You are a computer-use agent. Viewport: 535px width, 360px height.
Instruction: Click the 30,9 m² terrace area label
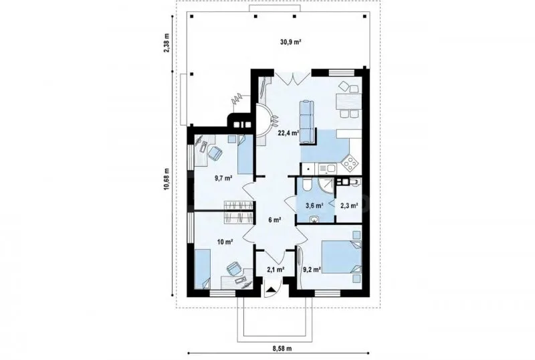point(290,42)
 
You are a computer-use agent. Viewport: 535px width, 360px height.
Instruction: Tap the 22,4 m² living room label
point(288,133)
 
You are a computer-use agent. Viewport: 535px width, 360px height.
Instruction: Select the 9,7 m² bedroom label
point(223,178)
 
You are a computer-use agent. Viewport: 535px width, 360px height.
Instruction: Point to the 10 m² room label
point(225,242)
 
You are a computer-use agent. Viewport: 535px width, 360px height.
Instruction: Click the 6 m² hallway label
point(275,220)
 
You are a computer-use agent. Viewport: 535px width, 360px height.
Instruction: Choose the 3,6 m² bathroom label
point(314,205)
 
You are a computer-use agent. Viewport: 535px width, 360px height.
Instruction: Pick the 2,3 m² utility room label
point(349,205)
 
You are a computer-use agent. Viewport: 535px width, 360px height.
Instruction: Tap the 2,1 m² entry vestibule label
point(276,270)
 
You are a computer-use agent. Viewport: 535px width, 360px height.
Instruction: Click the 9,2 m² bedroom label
point(312,270)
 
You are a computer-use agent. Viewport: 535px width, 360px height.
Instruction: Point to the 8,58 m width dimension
point(282,349)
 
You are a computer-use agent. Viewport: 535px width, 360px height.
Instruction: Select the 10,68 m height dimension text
point(167,179)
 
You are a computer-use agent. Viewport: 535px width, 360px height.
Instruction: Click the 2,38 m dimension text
point(167,42)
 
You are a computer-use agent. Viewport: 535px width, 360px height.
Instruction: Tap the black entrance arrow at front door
point(272,290)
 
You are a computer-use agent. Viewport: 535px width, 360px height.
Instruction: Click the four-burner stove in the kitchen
point(350,163)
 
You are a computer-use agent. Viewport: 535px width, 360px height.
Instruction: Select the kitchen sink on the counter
point(328,168)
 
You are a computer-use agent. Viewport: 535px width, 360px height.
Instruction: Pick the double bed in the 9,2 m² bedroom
point(342,257)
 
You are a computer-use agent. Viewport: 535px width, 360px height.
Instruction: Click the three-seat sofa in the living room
point(306,121)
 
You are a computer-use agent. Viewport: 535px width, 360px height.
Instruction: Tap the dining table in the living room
point(348,102)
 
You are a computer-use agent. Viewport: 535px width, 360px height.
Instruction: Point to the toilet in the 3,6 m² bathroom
point(306,185)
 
